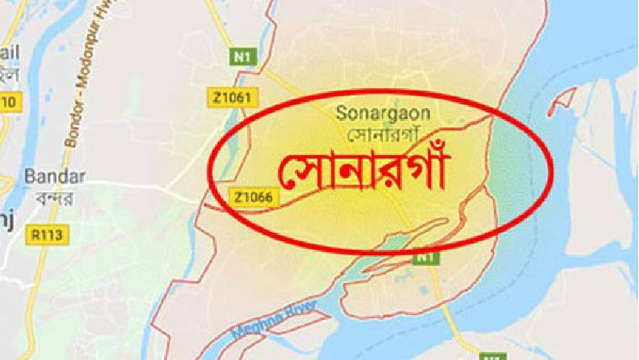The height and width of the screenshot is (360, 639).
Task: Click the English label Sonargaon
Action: click(x=383, y=113)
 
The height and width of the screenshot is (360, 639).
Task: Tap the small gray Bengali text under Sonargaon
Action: click(x=383, y=134)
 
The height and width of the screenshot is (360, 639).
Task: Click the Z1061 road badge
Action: click(x=234, y=97)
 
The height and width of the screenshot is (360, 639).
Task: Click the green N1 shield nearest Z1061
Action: click(x=242, y=56)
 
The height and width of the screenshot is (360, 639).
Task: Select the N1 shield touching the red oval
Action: click(x=423, y=255)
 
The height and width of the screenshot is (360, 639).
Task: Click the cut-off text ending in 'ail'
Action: click(x=9, y=53)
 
